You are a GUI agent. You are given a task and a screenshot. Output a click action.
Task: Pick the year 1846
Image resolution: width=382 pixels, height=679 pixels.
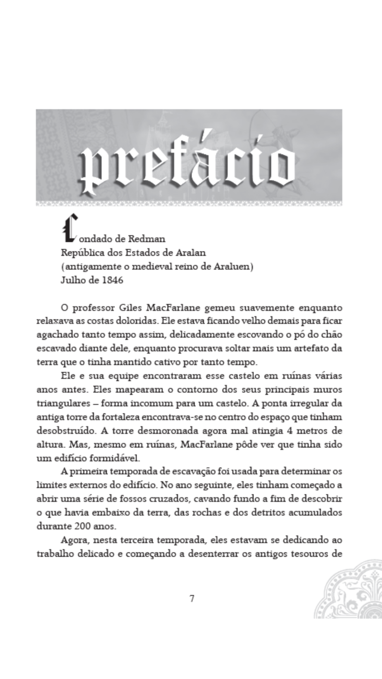pos(112,280)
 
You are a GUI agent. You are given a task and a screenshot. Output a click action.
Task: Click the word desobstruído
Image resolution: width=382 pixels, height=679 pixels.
pos(67,431)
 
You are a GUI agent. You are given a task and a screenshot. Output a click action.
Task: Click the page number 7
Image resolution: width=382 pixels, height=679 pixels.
pos(192,598)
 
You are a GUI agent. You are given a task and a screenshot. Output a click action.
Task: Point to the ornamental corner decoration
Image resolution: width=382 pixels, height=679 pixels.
pos(351,593)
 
